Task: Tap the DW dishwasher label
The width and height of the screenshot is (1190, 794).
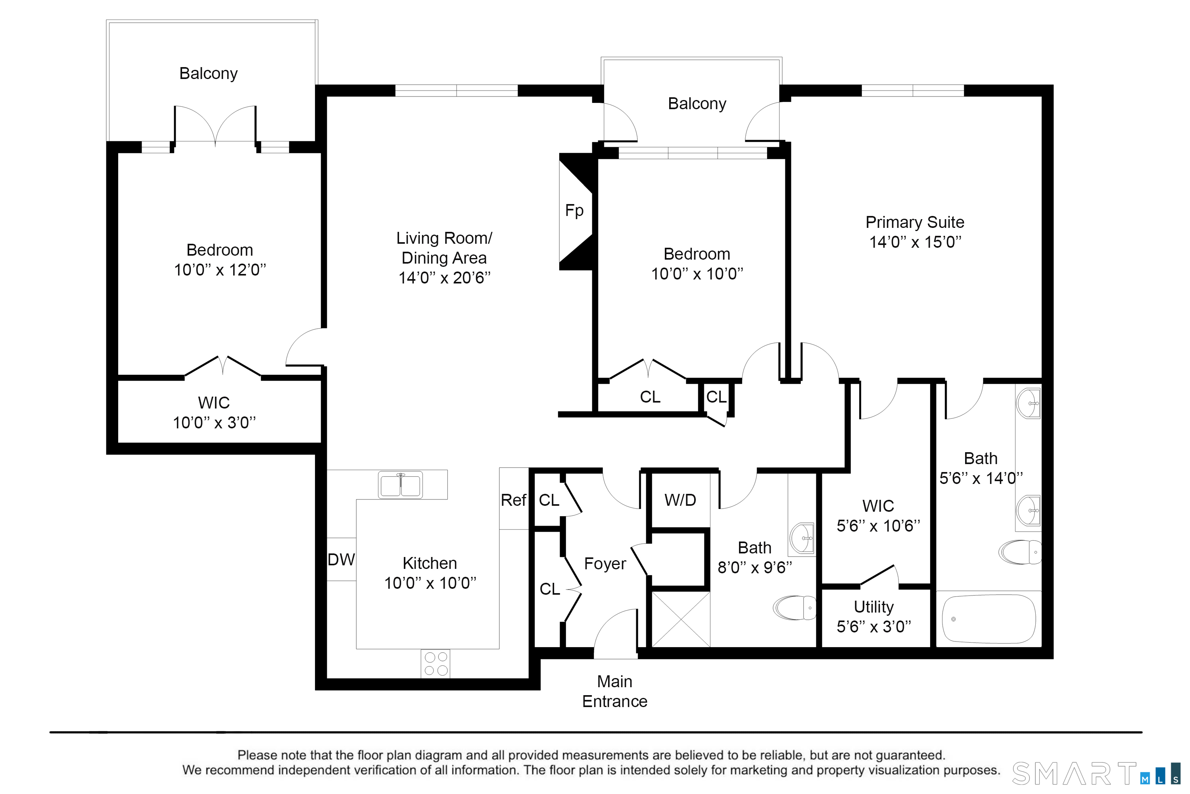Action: pos(342,559)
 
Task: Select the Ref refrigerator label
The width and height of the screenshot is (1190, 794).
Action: pos(514,500)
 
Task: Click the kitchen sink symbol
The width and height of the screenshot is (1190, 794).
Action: pos(400,485)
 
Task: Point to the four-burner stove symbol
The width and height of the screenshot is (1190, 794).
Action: pos(436,664)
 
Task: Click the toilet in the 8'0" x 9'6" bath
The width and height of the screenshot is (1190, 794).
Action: pos(795,608)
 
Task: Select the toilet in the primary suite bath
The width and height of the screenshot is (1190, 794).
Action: pos(1019,552)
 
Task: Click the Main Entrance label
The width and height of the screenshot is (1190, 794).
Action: pos(615,691)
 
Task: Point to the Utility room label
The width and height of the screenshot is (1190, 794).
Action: pos(874,607)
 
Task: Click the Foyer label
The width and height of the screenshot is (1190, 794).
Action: pos(605,564)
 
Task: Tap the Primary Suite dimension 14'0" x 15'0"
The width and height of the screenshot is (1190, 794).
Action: pos(915,242)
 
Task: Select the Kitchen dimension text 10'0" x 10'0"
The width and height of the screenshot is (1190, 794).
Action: pos(430,583)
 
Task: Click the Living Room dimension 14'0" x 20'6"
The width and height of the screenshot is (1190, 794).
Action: pos(444,278)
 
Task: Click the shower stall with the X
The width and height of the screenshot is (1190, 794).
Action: pos(681,619)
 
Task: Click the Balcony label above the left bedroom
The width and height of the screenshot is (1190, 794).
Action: pos(209,73)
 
